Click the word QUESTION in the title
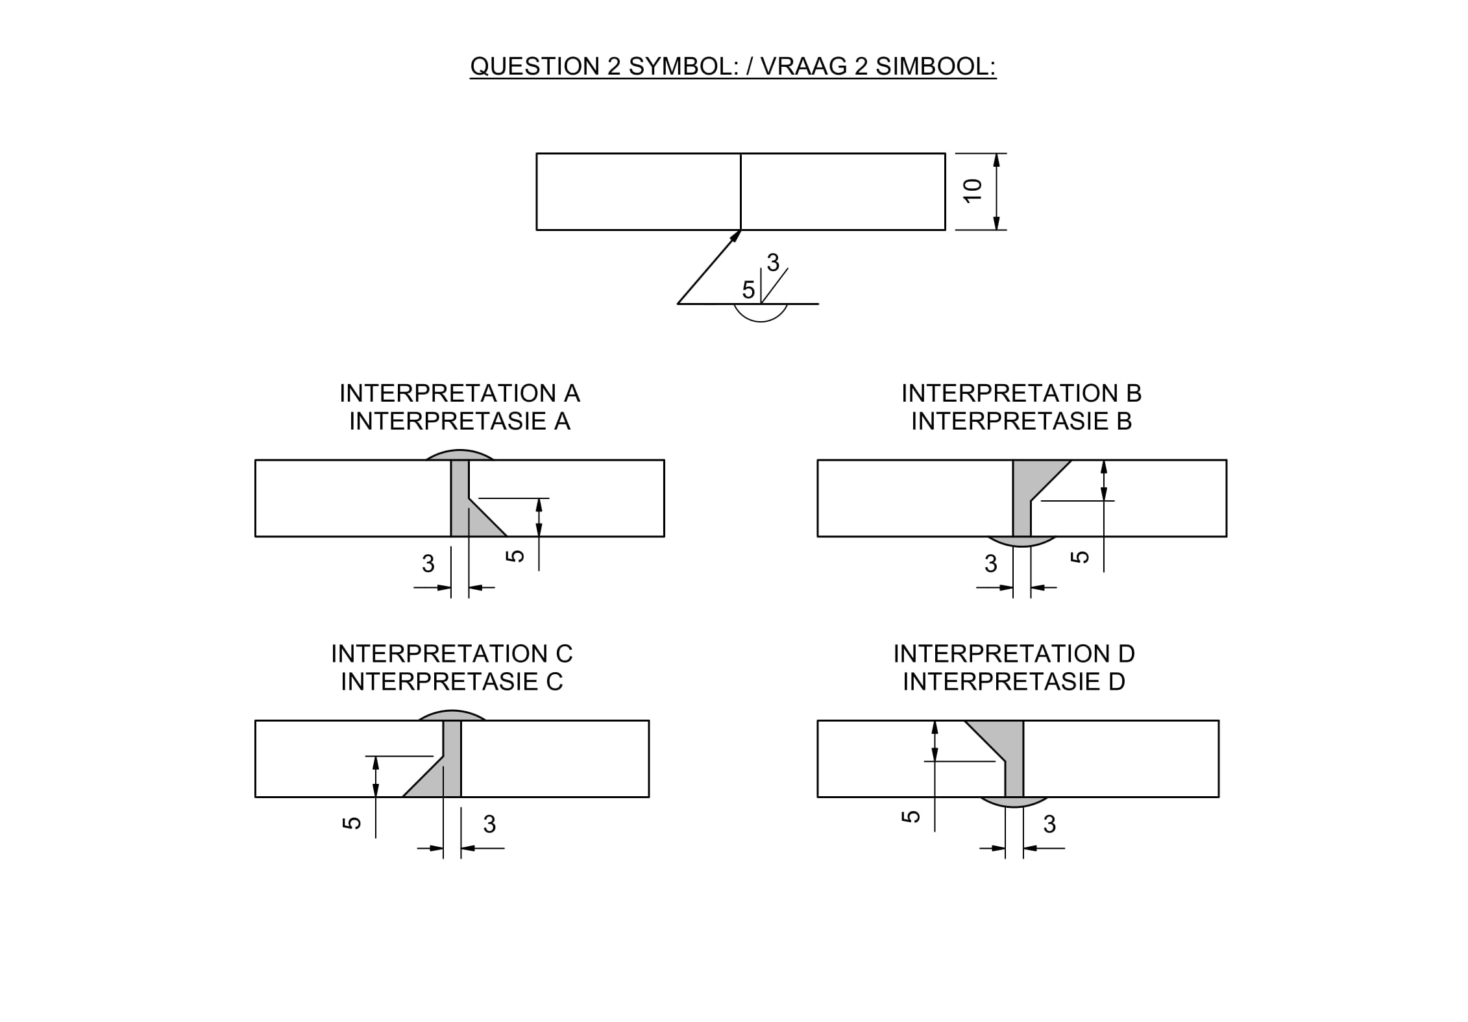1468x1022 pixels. [x=535, y=66]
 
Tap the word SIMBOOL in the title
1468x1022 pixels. [x=935, y=66]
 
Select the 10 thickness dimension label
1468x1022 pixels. [x=972, y=191]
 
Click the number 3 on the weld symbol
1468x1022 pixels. [x=772, y=263]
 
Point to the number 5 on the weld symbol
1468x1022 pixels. [x=748, y=290]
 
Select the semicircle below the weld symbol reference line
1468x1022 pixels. [x=760, y=314]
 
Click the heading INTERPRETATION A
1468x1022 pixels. [x=459, y=393]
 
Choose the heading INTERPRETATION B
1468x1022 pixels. [x=1021, y=393]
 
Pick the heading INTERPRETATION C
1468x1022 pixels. [x=452, y=653]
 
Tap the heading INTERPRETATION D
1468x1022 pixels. [x=1014, y=653]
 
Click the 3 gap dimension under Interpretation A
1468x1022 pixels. [x=428, y=563]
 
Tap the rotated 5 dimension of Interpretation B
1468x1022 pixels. [x=1079, y=556]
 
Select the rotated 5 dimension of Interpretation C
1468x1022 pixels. [x=351, y=823]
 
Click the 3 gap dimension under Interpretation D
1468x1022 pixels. [x=1049, y=824]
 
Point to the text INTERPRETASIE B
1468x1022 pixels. [x=1021, y=421]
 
